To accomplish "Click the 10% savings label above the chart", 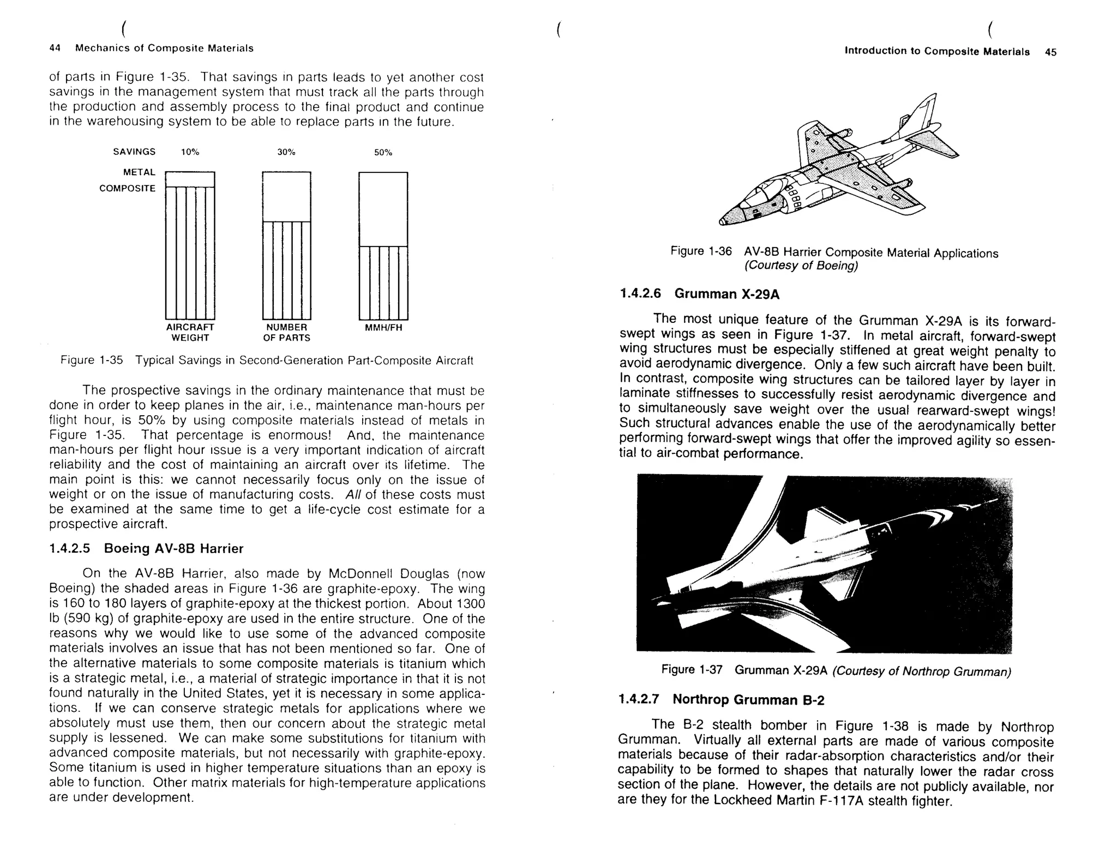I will click(190, 152).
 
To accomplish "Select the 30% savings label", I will click(286, 152).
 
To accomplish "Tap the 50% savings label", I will click(383, 153).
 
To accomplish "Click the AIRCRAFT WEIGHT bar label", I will click(190, 332).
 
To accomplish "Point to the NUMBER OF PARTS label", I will click(286, 332).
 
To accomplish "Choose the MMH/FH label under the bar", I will click(383, 328).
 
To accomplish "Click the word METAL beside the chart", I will click(139, 172).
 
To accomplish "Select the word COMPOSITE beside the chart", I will click(127, 189).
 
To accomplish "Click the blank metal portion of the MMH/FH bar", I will click(383, 209).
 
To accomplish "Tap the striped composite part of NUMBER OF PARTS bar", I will click(286, 270).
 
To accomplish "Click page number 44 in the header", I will click(55, 48).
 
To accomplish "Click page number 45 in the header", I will click(1050, 52).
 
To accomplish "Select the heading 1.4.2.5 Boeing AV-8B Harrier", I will click(146, 548).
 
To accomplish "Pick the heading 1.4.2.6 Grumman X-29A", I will click(699, 294).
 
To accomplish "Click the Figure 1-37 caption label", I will click(692, 669).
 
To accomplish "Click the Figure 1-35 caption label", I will click(92, 361).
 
